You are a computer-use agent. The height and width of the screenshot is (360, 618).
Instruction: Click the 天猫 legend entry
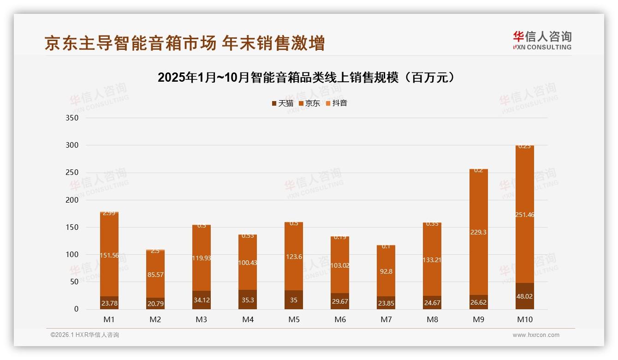(282, 103)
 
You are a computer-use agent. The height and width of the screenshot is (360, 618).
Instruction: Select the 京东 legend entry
(309, 103)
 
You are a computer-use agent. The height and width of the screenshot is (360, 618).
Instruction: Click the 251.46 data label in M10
(524, 215)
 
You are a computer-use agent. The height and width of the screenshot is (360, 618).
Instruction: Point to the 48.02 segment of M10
(524, 296)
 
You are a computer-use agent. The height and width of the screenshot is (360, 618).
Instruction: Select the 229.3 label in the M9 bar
(478, 232)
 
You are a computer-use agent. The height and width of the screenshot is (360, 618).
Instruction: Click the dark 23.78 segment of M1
(109, 303)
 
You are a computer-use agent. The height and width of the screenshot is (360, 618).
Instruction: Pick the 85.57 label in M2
(155, 275)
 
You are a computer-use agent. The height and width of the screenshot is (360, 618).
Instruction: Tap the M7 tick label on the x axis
(386, 319)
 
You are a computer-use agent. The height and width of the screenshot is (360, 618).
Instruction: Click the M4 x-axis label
(248, 319)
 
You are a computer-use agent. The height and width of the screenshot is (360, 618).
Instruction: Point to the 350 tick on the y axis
(72, 118)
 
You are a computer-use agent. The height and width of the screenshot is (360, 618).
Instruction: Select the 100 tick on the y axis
(72, 255)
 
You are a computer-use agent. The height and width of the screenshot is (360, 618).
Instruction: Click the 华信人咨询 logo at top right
(542, 40)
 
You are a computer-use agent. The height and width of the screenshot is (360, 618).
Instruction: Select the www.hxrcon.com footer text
(536, 335)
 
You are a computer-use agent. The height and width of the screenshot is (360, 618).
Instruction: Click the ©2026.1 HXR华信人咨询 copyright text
(85, 335)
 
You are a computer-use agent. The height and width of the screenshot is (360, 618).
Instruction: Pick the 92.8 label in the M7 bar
(386, 271)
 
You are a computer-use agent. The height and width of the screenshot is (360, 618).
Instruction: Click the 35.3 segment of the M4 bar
(248, 300)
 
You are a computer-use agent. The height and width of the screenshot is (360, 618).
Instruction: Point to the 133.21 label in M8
(432, 260)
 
